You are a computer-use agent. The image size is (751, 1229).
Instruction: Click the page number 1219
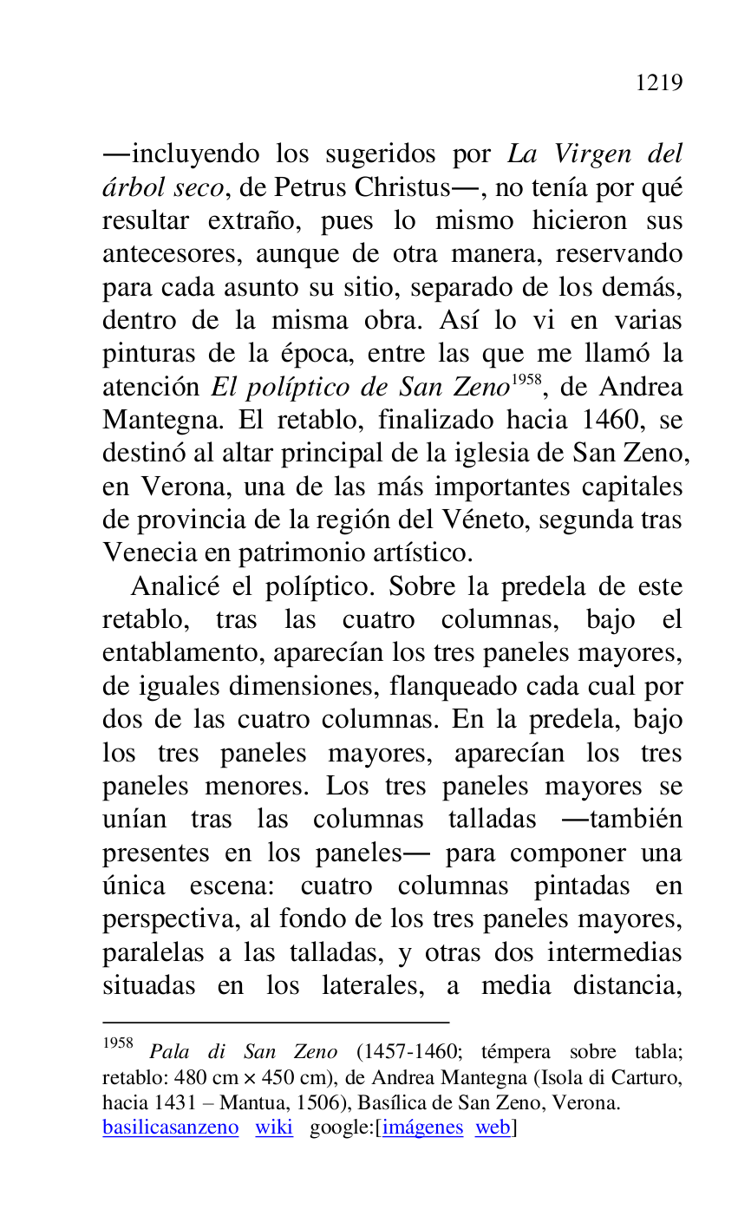[x=659, y=83]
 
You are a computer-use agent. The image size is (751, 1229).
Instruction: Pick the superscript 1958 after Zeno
[x=527, y=380]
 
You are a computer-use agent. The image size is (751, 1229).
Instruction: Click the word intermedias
[x=615, y=952]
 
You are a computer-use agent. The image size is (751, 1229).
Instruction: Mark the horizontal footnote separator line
[x=276, y=1023]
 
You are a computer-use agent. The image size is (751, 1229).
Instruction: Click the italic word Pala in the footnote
[x=169, y=1053]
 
